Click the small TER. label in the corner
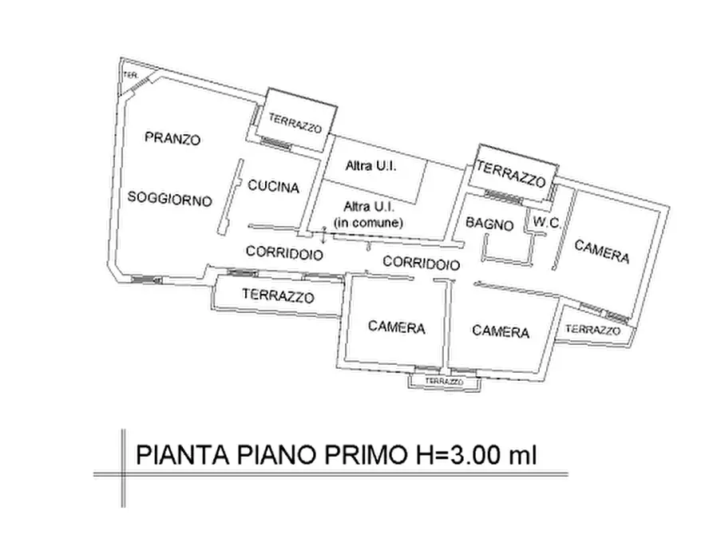coord(131,76)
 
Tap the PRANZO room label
coord(172,138)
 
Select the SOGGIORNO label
coord(170,198)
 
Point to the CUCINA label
coord(273,188)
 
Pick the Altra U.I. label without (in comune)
coord(370,167)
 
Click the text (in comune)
coord(368,223)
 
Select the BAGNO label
coord(490,225)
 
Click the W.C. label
coord(545,224)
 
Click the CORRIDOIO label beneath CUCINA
coord(284,253)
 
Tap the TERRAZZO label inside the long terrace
coord(278,295)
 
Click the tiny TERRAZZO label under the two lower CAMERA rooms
coord(444,382)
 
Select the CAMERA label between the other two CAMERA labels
coord(501,331)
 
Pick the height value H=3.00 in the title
coord(455,455)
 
